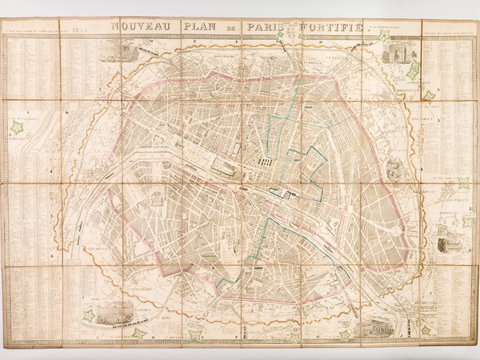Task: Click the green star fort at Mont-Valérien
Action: point(17,126)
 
